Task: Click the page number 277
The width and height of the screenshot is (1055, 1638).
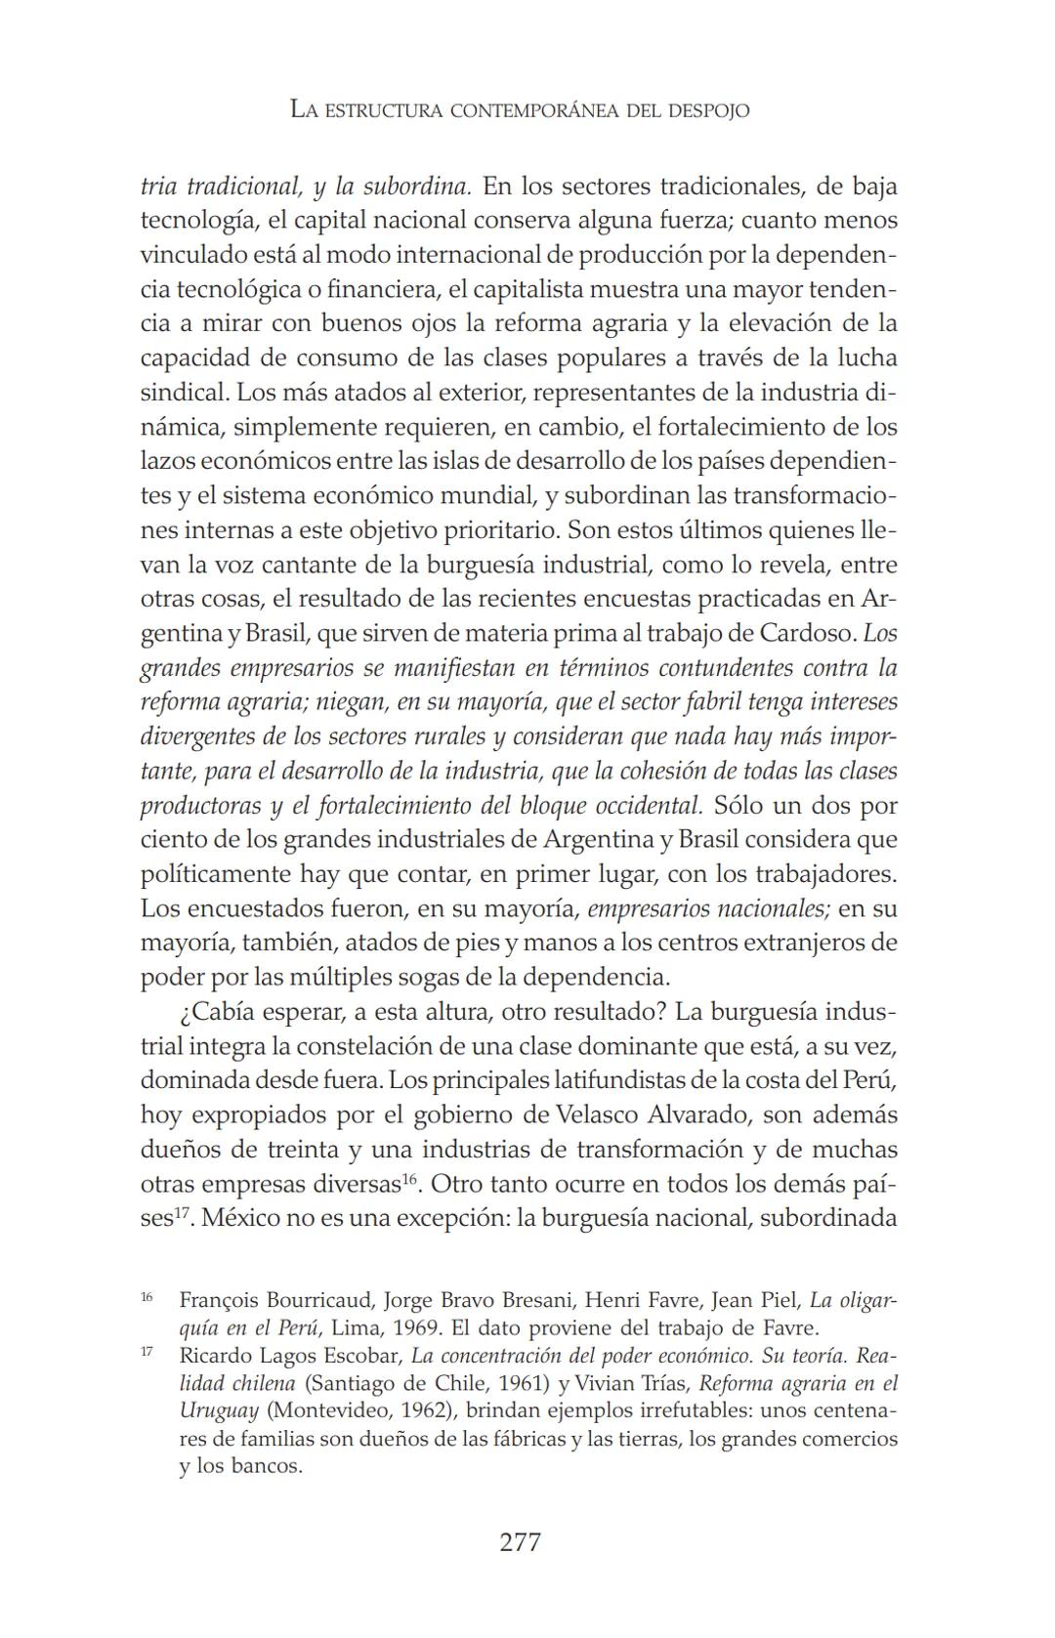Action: pos(520,1542)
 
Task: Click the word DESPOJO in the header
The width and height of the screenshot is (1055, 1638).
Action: pos(709,110)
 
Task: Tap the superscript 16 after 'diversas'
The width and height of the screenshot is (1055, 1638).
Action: pos(412,1178)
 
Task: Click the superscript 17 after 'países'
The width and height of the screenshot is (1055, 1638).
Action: pos(179,1212)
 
